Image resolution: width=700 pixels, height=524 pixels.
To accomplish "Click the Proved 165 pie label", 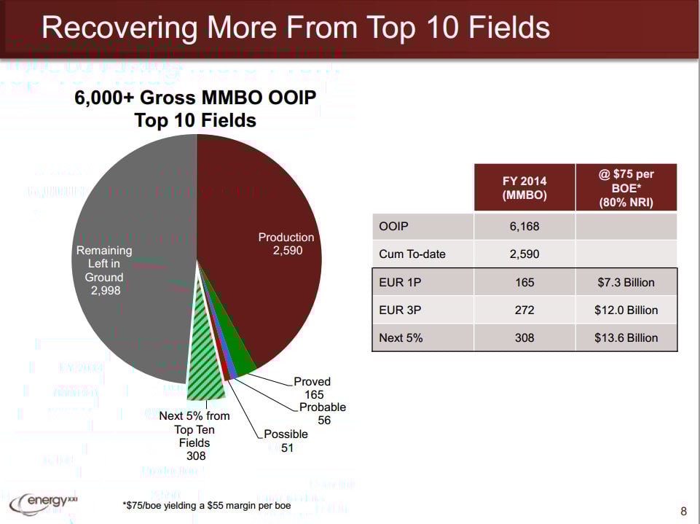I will click(312, 388).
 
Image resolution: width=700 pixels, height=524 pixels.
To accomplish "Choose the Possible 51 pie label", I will click(286, 440).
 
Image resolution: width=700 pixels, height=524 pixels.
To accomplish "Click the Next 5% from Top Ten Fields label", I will click(194, 435).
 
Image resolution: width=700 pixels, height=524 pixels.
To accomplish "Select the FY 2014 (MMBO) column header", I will click(524, 188).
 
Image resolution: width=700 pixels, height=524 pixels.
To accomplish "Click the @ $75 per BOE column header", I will click(626, 188).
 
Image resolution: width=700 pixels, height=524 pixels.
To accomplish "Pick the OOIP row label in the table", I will click(393, 227).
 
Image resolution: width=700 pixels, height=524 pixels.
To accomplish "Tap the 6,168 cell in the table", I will click(524, 227).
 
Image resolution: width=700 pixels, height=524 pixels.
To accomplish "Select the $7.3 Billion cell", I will click(626, 282).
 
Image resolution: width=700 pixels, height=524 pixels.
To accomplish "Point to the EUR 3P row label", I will click(400, 310).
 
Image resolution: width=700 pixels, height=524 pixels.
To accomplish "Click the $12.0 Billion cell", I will click(626, 310).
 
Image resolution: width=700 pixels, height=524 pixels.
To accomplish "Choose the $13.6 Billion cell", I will click(626, 337).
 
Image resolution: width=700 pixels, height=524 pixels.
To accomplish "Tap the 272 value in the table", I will click(524, 310).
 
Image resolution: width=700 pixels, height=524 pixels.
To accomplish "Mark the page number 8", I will click(683, 512).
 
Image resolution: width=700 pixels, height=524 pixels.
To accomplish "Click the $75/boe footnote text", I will click(206, 505).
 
